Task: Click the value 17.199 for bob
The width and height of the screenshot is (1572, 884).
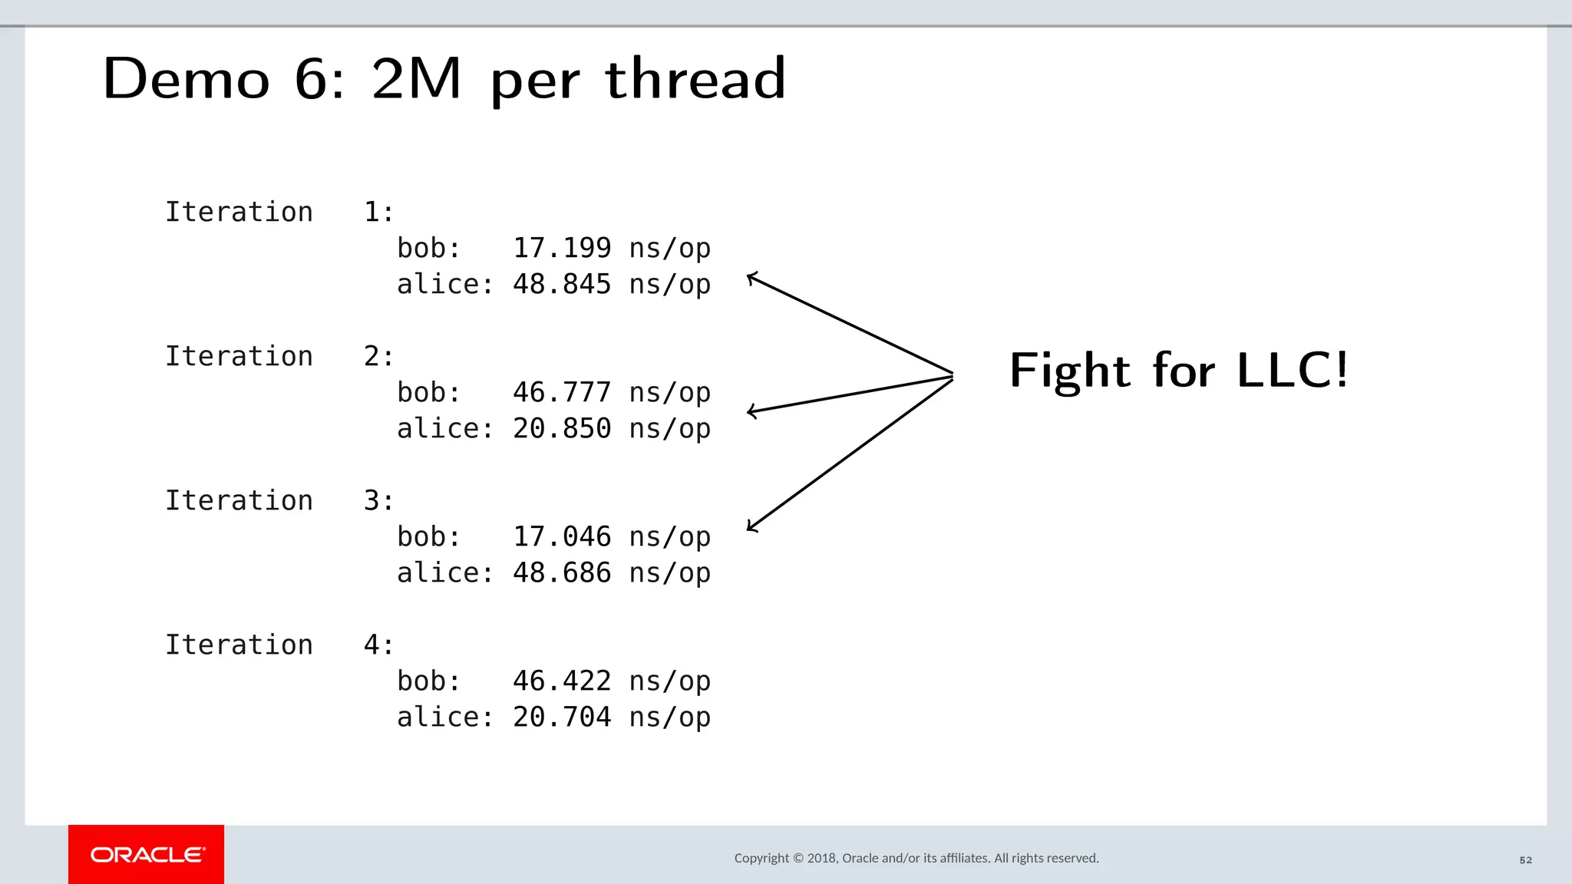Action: tap(562, 248)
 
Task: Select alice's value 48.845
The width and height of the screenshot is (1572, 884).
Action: tap(562, 284)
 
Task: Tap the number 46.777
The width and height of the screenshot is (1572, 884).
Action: tap(562, 392)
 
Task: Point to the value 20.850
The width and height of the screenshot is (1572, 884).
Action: tap(562, 428)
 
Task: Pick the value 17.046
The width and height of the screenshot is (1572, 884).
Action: tap(562, 536)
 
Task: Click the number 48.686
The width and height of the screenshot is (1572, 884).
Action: tap(562, 572)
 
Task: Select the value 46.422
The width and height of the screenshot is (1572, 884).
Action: tap(562, 681)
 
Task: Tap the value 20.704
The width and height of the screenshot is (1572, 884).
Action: tap(562, 717)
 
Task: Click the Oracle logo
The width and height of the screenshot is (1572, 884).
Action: tap(147, 854)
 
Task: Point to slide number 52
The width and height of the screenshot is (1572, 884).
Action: tap(1526, 860)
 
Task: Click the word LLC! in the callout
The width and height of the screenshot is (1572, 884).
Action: tap(1293, 371)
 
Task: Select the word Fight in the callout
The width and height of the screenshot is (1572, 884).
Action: tap(1069, 372)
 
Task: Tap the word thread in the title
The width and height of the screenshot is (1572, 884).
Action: tap(695, 78)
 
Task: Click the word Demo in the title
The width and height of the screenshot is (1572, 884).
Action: tap(187, 78)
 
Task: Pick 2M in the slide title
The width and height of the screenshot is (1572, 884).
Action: tap(416, 78)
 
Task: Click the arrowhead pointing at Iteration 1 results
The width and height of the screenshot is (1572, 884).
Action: tap(752, 278)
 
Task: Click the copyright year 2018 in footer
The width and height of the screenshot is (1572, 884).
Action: tap(822, 858)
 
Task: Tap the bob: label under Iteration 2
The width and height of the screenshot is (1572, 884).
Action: tap(428, 392)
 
